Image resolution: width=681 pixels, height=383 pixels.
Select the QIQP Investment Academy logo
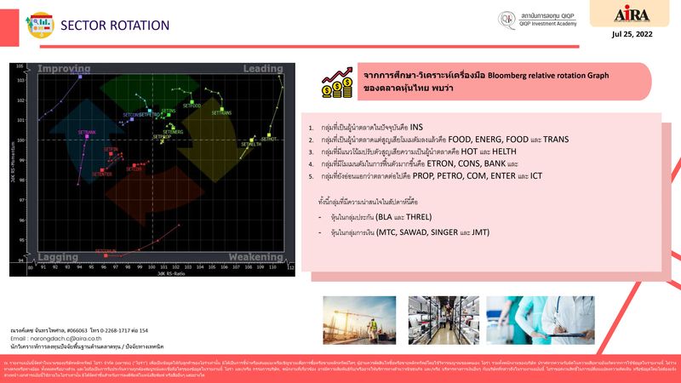(x=538, y=19)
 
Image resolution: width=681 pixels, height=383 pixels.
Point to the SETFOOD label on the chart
(x=191, y=106)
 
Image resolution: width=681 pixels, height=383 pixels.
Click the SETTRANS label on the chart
(x=221, y=112)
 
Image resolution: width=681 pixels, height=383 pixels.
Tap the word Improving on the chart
(x=64, y=68)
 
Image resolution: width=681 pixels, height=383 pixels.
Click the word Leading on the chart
(x=263, y=68)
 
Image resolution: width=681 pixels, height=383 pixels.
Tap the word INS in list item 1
(x=416, y=127)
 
